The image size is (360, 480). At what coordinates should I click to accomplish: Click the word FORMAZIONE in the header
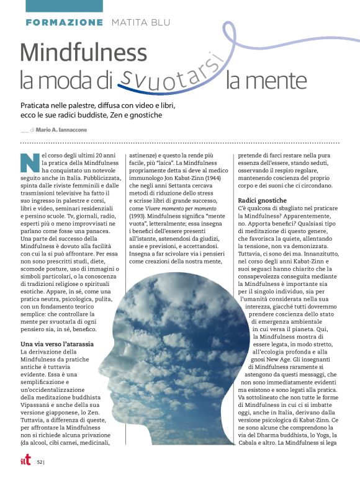(x=65, y=22)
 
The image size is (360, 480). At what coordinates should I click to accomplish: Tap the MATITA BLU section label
(x=139, y=22)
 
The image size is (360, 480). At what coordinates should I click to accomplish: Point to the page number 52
(x=40, y=461)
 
